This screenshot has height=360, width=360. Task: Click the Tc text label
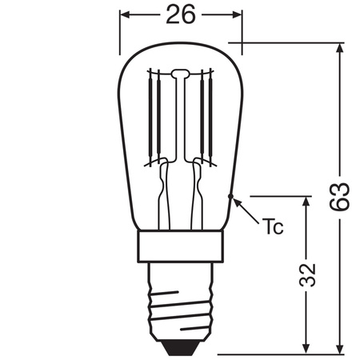pyautogui.click(x=273, y=226)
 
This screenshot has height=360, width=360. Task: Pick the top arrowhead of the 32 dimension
pyautogui.click(x=306, y=201)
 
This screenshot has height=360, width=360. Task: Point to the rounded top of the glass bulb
pyautogui.click(x=181, y=42)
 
